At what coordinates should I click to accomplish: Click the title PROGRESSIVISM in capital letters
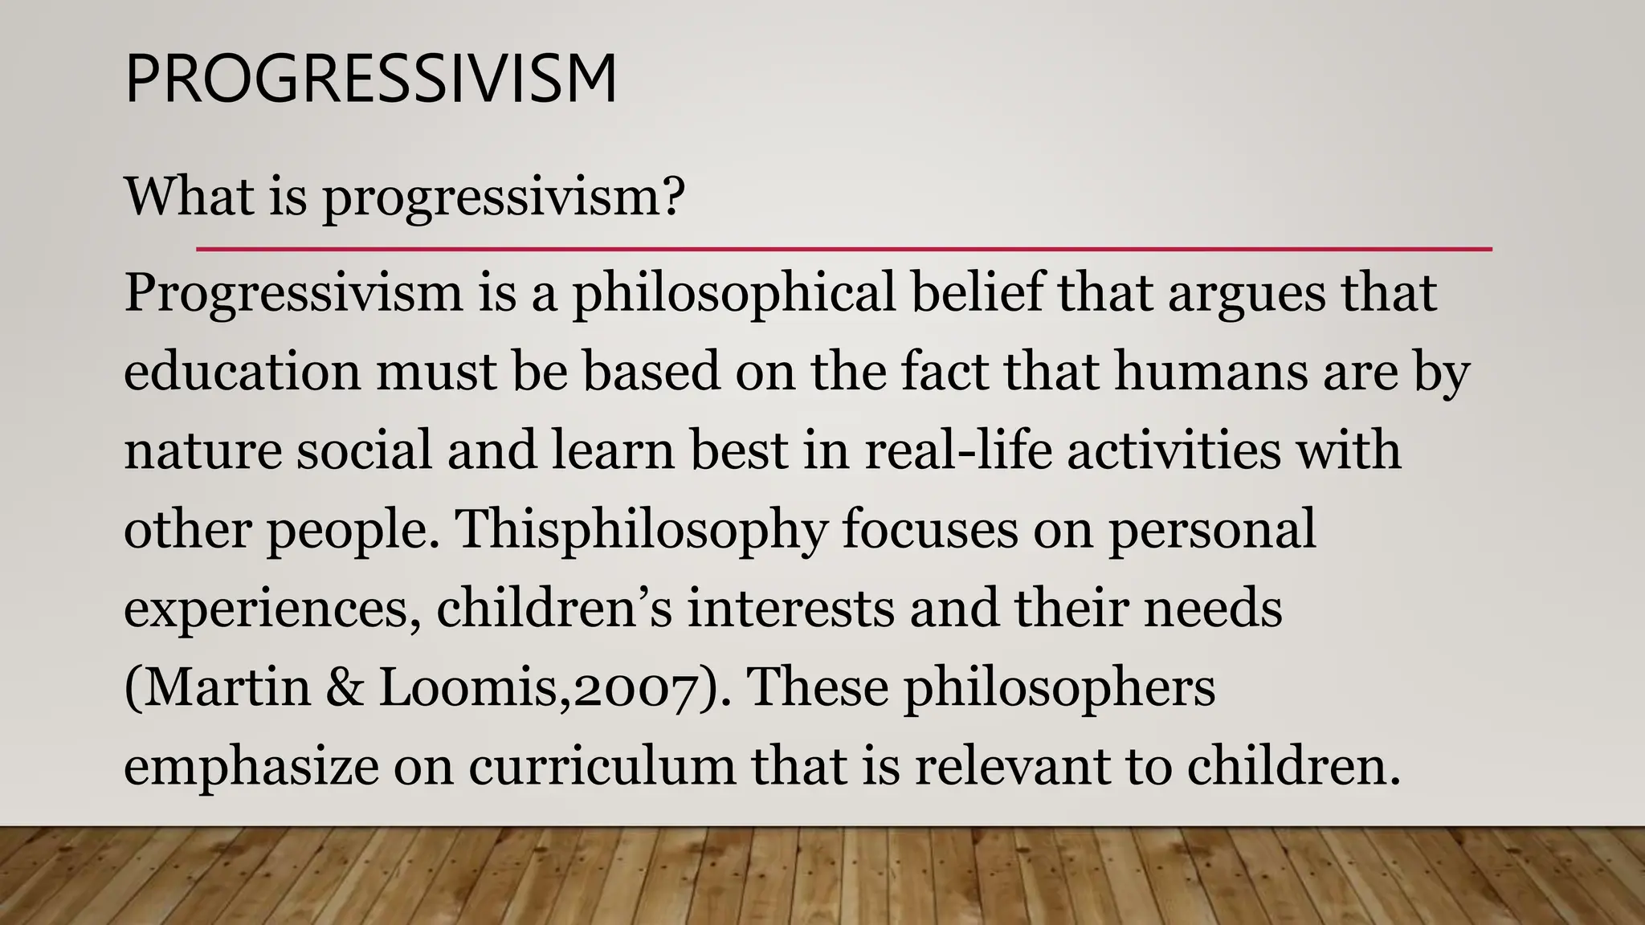[x=371, y=79]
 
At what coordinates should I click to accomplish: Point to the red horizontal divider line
[x=843, y=250]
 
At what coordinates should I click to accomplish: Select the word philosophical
[x=733, y=293]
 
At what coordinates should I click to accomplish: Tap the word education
[x=242, y=372]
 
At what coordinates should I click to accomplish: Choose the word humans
[x=1210, y=372]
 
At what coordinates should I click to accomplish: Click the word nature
[x=202, y=450]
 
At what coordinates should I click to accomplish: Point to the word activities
[x=1174, y=450]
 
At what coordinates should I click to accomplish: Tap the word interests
[x=790, y=608]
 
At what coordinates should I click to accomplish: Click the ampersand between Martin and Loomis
[x=345, y=687]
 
